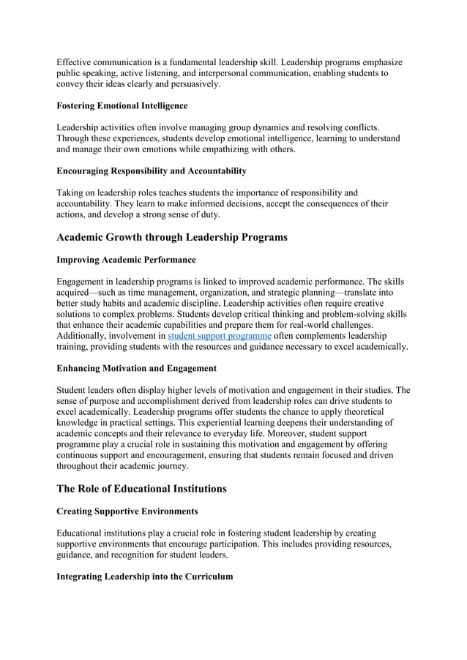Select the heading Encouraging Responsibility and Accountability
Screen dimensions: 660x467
pyautogui.click(x=152, y=170)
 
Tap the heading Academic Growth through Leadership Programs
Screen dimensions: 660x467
pyautogui.click(x=172, y=237)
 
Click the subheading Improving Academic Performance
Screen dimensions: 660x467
pyautogui.click(x=126, y=260)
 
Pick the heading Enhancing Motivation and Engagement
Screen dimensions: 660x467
pyautogui.click(x=136, y=368)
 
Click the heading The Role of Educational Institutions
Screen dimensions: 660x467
pyautogui.click(x=141, y=489)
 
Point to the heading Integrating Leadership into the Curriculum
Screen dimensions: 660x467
pyautogui.click(x=145, y=577)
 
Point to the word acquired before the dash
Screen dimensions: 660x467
pyautogui.click(x=78, y=293)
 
